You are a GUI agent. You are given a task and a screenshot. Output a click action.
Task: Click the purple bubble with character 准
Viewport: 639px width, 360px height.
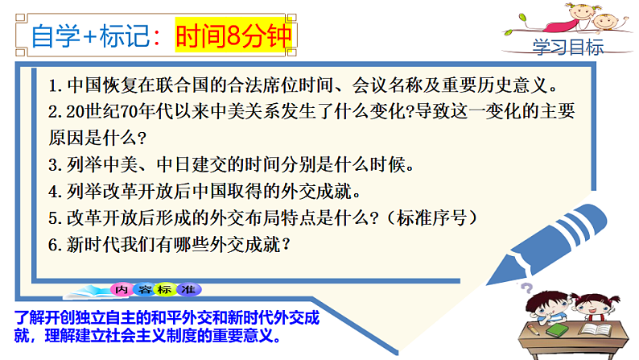click(190, 289)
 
